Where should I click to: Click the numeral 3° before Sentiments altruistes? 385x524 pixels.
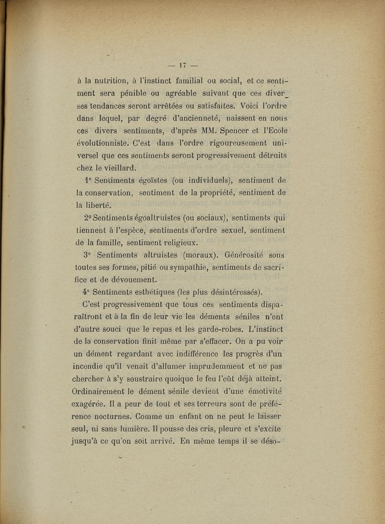coord(87,255)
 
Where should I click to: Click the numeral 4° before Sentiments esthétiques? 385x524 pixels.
coord(87,292)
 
